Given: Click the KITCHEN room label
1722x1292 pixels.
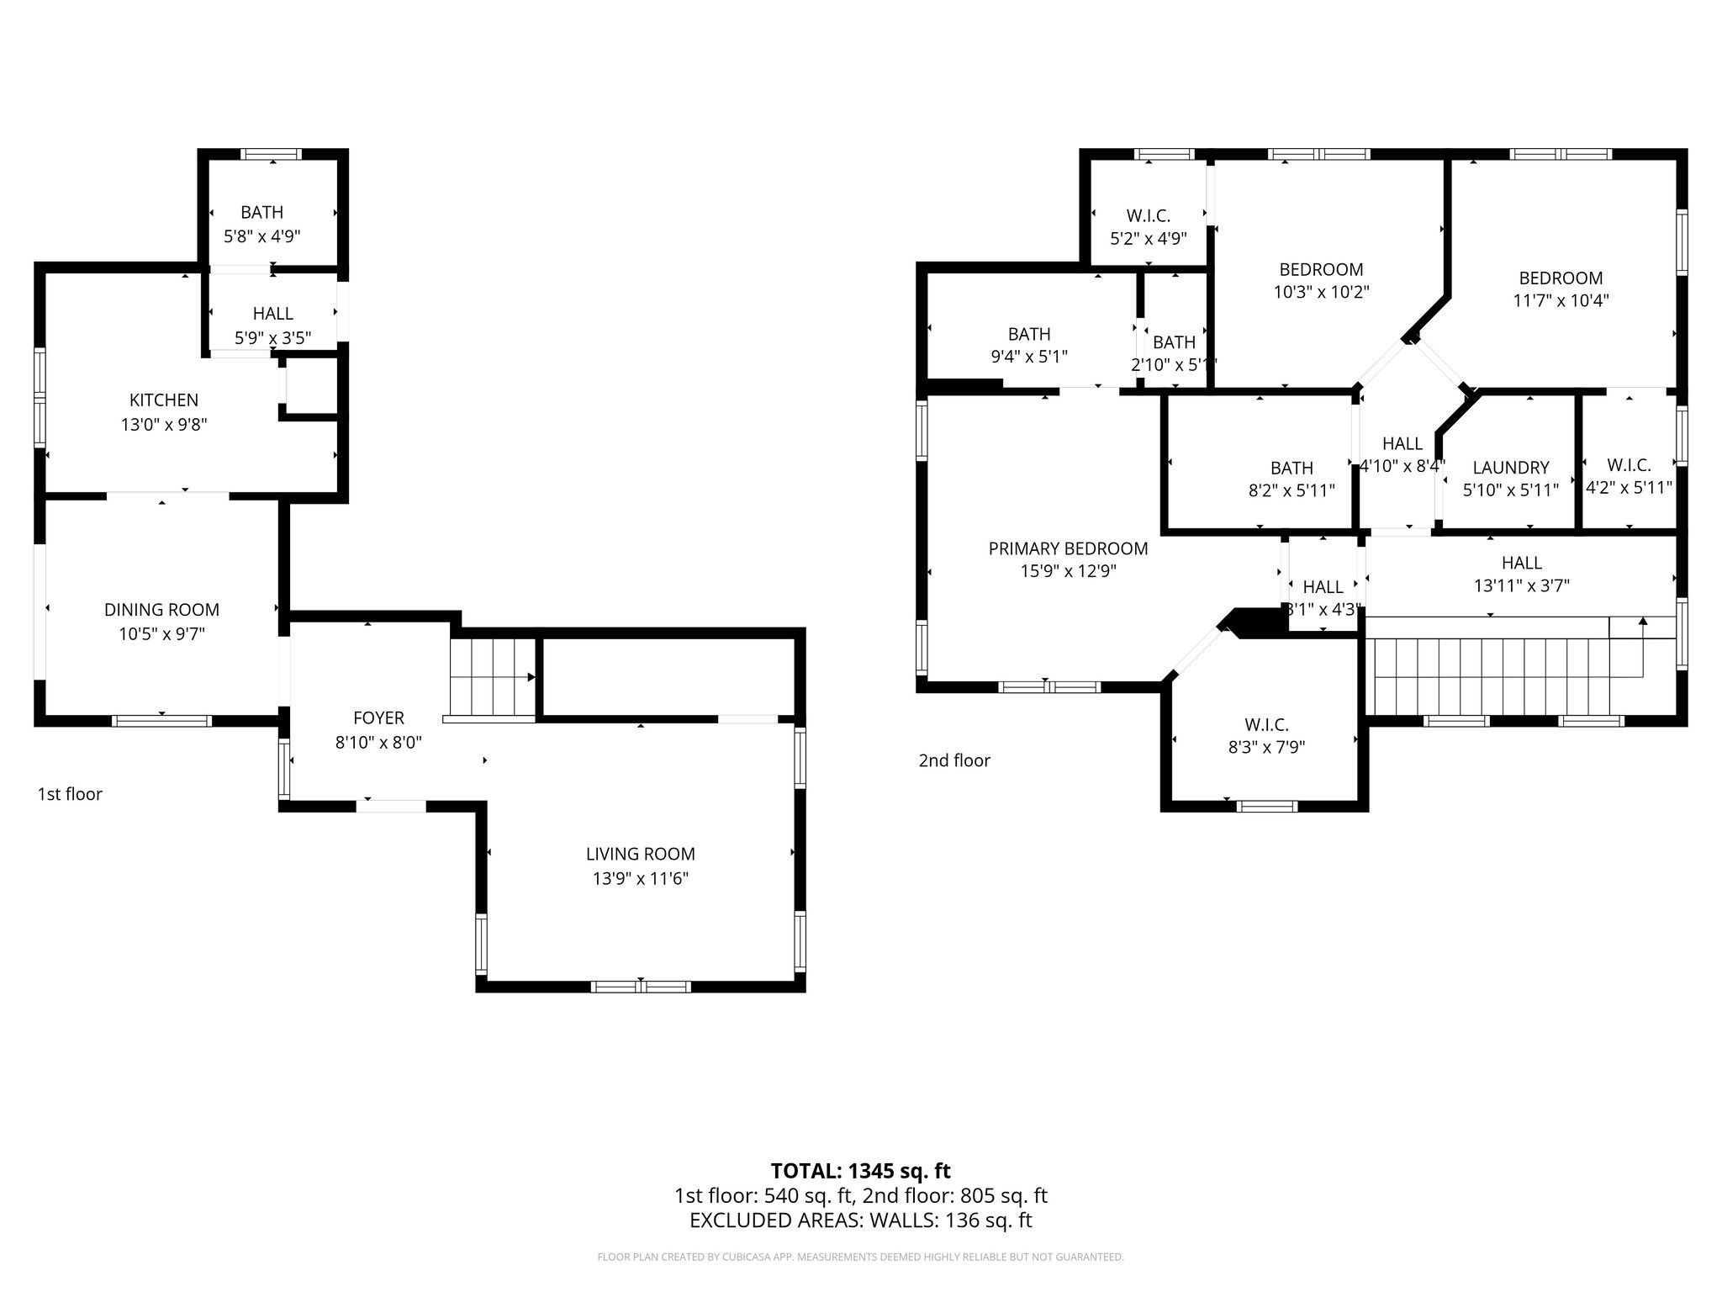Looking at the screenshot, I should (x=164, y=400).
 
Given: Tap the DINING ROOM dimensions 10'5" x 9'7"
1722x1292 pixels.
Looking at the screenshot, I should (x=161, y=633).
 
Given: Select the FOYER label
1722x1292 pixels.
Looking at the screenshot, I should (x=378, y=717).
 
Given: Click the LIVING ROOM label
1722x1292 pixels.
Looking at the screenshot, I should (x=640, y=854).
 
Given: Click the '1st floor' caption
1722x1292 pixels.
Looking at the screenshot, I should (x=70, y=794).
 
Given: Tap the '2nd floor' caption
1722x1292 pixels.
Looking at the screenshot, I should (x=953, y=760).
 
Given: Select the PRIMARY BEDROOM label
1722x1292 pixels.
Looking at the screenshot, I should (x=1068, y=548).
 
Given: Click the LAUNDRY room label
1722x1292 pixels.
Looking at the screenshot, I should (x=1510, y=468).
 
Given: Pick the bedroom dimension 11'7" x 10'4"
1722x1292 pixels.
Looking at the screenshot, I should (x=1561, y=300).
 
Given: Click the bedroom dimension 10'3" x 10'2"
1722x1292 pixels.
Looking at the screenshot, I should (x=1321, y=292).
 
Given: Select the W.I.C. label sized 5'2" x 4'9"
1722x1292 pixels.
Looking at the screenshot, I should (x=1148, y=215).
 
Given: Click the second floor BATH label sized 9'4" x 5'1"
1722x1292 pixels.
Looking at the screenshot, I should (x=1029, y=334).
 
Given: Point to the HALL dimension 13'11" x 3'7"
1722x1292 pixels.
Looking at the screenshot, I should (x=1521, y=585).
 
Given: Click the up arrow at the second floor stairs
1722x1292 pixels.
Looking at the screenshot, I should (x=1642, y=622).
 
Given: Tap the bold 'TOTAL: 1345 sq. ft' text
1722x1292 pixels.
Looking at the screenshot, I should (x=860, y=1170).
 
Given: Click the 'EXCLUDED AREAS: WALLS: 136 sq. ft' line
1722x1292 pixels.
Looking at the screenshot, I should (x=860, y=1220).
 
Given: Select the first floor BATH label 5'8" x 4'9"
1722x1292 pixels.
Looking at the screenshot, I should (x=261, y=212).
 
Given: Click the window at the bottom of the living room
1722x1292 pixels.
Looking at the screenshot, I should (x=641, y=986).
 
